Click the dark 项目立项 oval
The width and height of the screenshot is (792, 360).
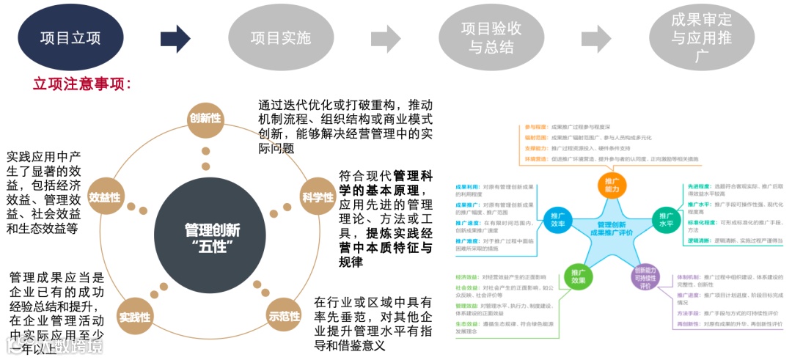click(x=70, y=38)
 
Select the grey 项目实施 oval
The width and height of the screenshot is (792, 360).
click(x=281, y=38)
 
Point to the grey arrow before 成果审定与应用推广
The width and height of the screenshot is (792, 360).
click(x=595, y=39)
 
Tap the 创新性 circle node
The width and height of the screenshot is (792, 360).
click(x=205, y=118)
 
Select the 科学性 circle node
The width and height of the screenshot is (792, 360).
click(x=317, y=196)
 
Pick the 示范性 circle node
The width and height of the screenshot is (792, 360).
click(x=285, y=316)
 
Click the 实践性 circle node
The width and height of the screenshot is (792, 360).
click(x=135, y=317)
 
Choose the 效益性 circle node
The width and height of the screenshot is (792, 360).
click(x=104, y=196)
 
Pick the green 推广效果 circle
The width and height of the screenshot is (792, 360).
click(x=579, y=276)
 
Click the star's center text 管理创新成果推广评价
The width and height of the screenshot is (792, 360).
click(x=612, y=229)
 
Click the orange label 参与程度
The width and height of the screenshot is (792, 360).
click(x=536, y=126)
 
